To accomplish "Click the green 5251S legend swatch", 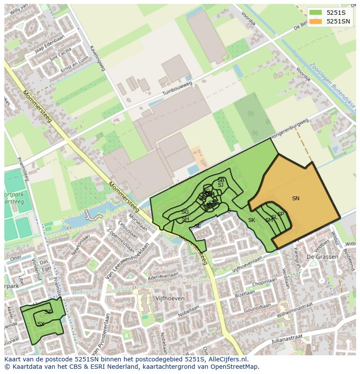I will [x=316, y=13].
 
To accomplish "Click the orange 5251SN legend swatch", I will [x=316, y=21].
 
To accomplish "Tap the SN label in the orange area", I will [x=296, y=199].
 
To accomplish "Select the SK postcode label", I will [x=252, y=220].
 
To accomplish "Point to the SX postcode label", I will [x=41, y=324].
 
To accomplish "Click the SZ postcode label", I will [x=48, y=312].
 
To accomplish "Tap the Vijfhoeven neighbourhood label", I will [x=170, y=299].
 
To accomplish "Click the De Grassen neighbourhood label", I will [x=322, y=257].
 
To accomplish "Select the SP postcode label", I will [x=280, y=214].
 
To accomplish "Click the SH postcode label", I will [x=186, y=219].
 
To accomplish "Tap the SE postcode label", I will [x=198, y=226].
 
